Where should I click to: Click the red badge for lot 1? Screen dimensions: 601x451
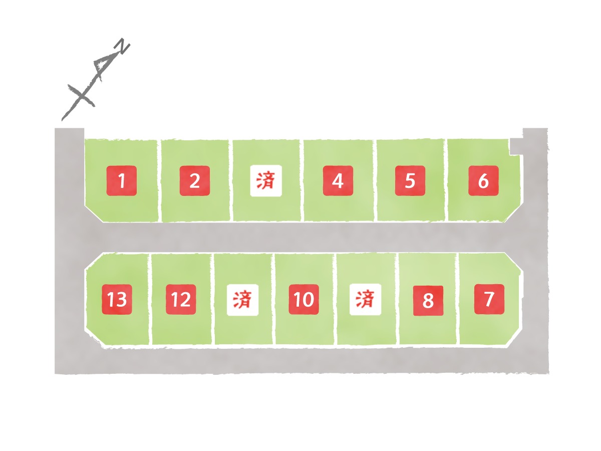tap(121, 181)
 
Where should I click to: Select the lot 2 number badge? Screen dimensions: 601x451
tap(195, 181)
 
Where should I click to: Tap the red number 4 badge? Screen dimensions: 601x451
tap(338, 181)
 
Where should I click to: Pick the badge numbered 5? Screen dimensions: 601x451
tap(410, 181)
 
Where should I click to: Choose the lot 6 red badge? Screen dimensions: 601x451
tap(483, 181)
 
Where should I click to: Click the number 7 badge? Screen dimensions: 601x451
tap(489, 299)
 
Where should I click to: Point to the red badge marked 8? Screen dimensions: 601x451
tap(428, 301)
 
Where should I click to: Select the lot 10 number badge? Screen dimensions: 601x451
tap(304, 299)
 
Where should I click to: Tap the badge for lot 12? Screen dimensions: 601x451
tap(181, 299)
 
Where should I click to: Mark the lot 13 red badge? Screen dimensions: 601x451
tap(117, 299)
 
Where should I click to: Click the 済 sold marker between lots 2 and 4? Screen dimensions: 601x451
tap(266, 181)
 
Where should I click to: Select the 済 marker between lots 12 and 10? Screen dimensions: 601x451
tap(242, 300)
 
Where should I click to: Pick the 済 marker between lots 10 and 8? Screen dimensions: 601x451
tap(365, 299)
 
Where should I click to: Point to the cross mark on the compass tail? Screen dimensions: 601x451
tap(81, 96)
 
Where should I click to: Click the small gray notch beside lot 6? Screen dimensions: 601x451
tap(516, 146)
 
